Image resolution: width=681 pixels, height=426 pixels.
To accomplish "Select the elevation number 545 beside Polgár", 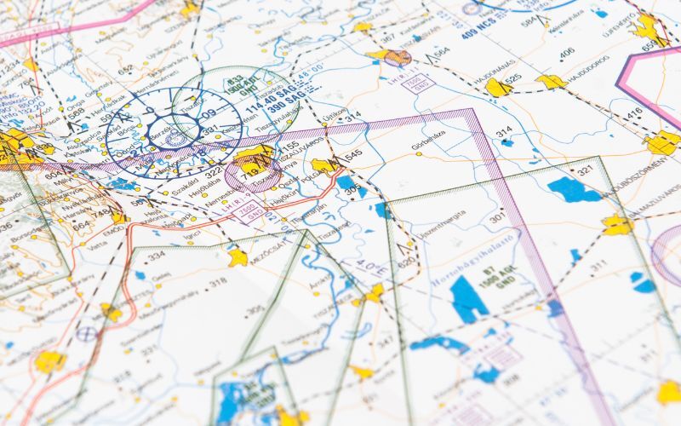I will coord(353,154).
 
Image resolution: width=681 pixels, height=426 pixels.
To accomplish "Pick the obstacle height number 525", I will coord(512,80).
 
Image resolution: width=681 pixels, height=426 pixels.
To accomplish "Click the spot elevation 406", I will coord(566,53).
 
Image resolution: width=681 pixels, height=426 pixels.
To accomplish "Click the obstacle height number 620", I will coord(406,262).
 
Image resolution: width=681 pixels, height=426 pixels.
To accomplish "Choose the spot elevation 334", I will coord(156,256).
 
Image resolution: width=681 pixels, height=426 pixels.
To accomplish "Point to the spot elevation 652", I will coord(125,70).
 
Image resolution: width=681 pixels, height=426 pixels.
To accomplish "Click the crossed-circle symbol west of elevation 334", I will coord(86,333).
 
